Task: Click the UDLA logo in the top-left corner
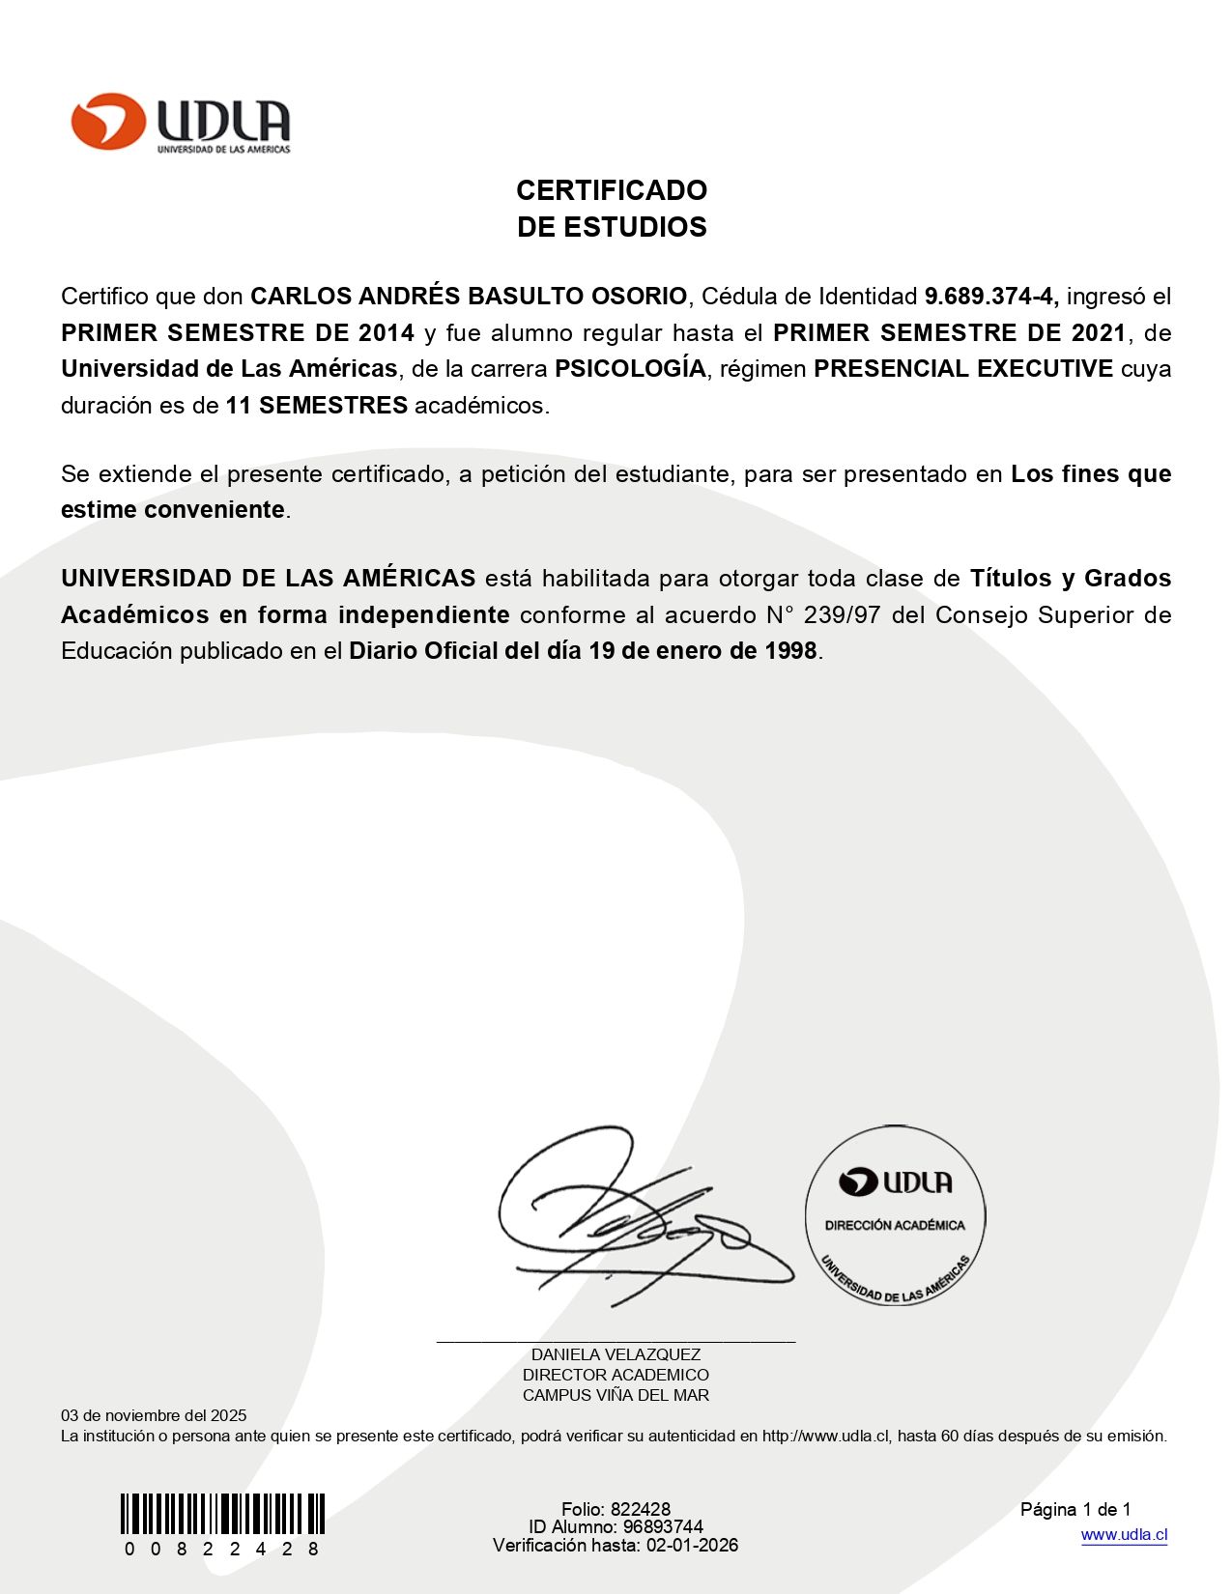click(181, 123)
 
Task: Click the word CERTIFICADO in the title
click(612, 190)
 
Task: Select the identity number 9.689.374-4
click(990, 297)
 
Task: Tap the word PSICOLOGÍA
click(630, 369)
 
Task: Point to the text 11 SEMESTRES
click(317, 406)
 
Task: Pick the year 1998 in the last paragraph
click(790, 651)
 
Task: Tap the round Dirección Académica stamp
click(895, 1215)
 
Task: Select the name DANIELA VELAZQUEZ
click(616, 1354)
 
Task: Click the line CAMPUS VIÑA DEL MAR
click(616, 1395)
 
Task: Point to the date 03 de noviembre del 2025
click(154, 1415)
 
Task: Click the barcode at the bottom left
click(222, 1514)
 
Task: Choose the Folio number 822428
click(640, 1509)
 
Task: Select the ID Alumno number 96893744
click(663, 1527)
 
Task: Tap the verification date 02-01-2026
click(692, 1545)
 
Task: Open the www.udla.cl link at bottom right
click(1124, 1535)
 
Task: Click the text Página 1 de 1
click(1075, 1509)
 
